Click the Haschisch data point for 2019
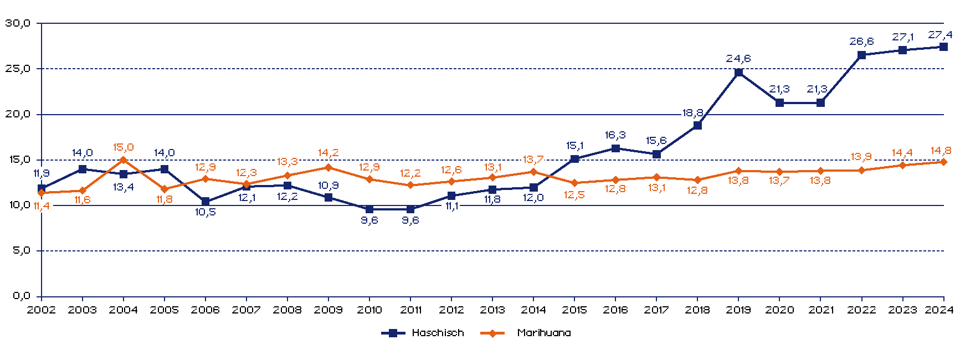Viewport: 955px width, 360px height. coord(738,73)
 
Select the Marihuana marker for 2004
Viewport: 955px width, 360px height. coord(124,160)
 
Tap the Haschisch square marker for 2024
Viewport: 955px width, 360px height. coord(943,47)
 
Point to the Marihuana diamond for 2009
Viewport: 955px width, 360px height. coord(328,167)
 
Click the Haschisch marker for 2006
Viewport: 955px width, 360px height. coord(206,202)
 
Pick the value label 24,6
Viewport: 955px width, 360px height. coord(738,59)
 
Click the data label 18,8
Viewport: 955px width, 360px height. coord(692,113)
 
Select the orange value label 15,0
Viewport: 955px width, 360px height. coord(124,147)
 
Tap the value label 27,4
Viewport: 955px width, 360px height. coord(940,35)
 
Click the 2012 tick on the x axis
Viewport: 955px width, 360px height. coord(451,310)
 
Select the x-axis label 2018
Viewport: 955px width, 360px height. coord(697,310)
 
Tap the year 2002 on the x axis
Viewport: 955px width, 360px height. coord(42,310)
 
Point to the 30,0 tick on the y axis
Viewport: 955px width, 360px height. coord(17,23)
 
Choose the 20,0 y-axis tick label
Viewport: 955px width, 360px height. coord(17,114)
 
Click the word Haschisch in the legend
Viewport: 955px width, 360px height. coord(438,333)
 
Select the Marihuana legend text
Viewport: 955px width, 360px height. coord(544,333)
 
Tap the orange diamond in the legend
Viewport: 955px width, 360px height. coord(492,333)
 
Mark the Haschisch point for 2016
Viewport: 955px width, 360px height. coord(615,148)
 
